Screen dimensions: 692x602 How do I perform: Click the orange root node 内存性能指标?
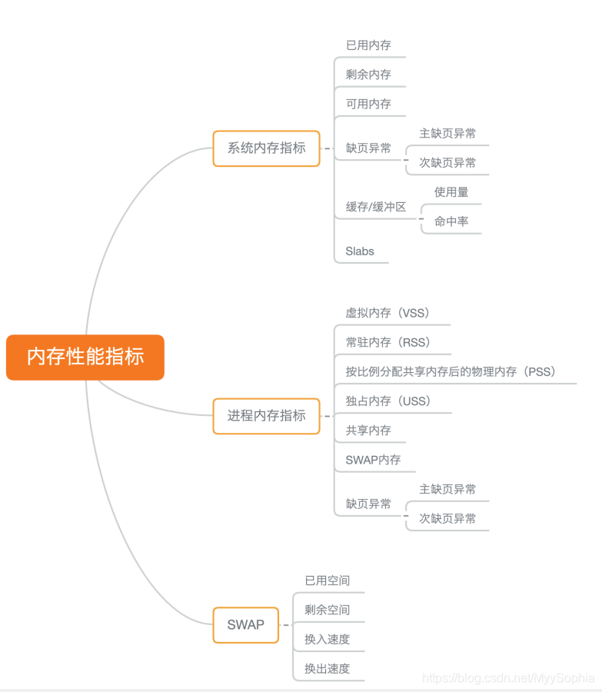[85, 357]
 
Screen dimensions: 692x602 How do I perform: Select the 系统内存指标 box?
[266, 148]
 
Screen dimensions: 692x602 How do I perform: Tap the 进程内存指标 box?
[266, 416]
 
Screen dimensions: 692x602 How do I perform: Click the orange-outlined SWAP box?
[245, 625]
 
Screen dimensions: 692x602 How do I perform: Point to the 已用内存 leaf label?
[368, 45]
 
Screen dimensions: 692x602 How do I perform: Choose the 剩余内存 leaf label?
[368, 75]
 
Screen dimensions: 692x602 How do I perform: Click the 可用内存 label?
[368, 104]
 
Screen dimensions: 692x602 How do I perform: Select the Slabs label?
[360, 251]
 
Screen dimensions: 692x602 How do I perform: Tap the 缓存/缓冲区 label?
[375, 207]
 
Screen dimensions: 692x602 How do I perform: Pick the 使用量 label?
[451, 192]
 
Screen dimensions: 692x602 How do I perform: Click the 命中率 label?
[451, 221]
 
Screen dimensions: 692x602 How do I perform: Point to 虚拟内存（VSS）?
[387, 313]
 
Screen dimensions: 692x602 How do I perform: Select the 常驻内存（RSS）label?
[387, 342]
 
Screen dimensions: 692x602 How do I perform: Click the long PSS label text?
[451, 372]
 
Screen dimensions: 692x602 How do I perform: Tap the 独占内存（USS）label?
[388, 401]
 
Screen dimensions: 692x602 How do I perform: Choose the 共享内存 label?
[368, 431]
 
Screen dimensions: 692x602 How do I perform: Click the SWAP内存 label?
[373, 460]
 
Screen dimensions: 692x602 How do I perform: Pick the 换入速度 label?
[327, 639]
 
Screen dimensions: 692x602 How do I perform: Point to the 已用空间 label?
[327, 581]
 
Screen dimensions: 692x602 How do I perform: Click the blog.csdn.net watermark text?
[508, 677]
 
